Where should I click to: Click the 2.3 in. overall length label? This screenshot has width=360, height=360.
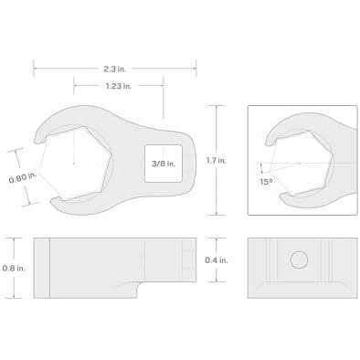point(114,69)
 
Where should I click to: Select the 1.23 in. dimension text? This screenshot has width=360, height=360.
point(119,86)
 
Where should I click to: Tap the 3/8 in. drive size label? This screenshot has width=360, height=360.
point(164,164)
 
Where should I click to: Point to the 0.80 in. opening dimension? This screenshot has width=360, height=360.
point(23,179)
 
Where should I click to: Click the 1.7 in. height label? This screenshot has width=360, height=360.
point(217,160)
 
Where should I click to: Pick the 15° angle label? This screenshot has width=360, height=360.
point(266,182)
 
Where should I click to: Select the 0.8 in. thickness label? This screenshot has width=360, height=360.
point(14,269)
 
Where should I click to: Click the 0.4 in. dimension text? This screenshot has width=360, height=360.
point(217,260)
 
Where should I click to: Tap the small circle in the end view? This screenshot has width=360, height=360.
point(299,260)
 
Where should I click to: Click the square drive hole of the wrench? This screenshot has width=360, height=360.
point(164,164)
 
